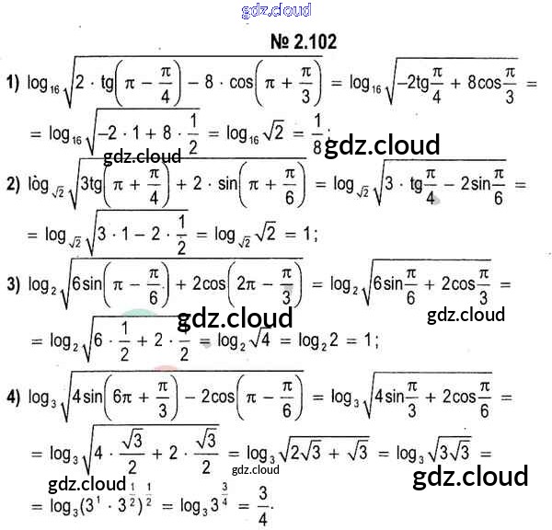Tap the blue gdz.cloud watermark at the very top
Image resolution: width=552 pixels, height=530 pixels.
point(276,10)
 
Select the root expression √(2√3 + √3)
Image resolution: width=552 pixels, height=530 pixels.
point(317,451)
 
